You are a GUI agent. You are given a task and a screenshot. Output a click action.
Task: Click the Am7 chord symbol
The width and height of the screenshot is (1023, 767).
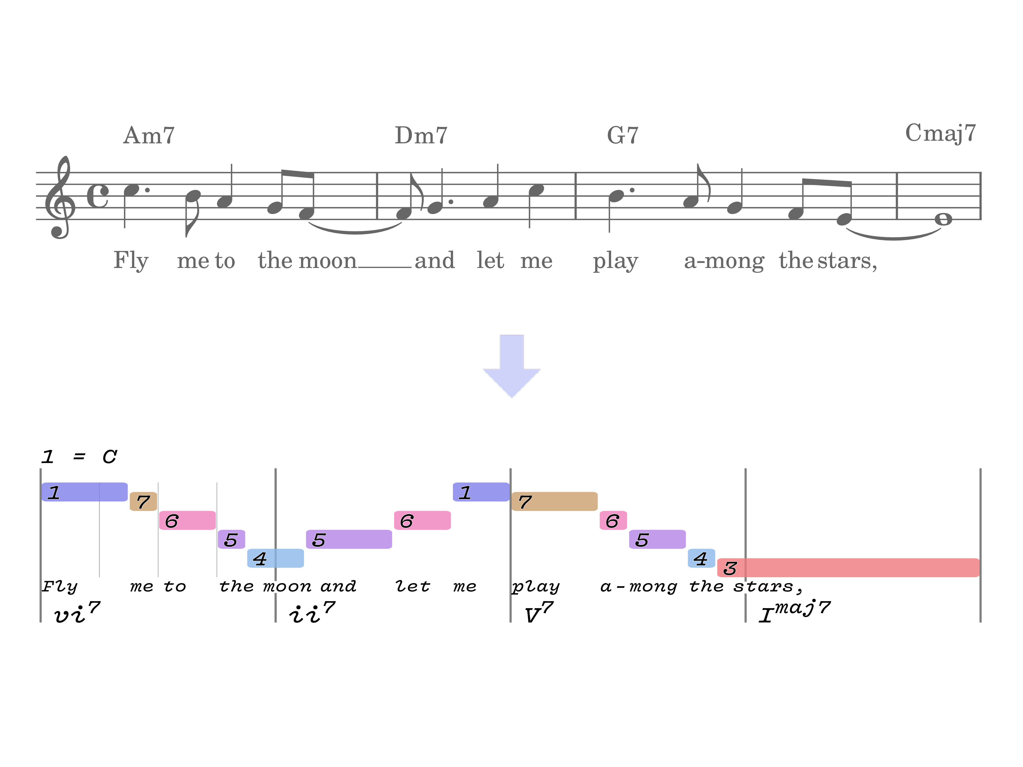(149, 135)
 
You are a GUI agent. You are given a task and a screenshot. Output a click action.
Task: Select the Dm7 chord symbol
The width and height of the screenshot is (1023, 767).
(421, 135)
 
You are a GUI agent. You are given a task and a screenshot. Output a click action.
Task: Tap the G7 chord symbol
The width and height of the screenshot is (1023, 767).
(622, 135)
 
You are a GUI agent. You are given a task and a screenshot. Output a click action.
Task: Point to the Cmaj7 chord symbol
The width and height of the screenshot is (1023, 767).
(940, 133)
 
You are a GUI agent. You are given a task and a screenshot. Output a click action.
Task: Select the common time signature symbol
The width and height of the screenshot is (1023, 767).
(98, 196)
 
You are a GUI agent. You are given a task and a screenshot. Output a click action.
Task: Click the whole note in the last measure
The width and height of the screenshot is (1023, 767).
(943, 219)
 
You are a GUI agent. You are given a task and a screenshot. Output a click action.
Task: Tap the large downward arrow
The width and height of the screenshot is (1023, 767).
(512, 366)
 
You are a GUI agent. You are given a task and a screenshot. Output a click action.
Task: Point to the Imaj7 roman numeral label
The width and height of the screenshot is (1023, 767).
(795, 611)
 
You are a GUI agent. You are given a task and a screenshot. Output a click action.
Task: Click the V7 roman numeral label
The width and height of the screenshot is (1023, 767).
(539, 612)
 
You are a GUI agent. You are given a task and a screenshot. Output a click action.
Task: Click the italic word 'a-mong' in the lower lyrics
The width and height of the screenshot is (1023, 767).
(639, 586)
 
